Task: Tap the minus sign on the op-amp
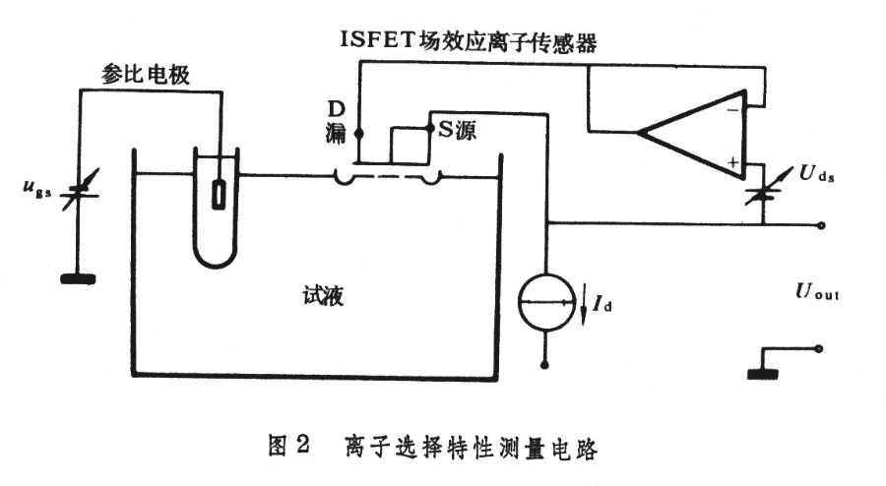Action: [731, 110]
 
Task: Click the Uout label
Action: [817, 292]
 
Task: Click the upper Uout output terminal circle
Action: [819, 224]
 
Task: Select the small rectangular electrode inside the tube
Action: [218, 194]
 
